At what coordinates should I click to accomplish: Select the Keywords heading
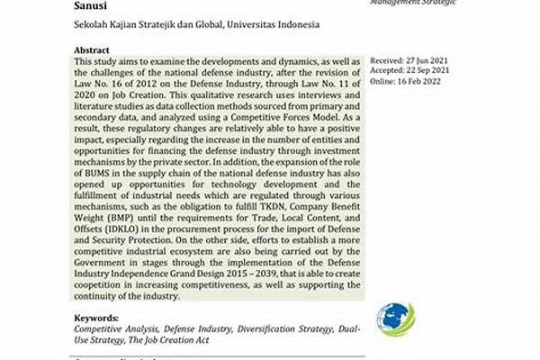[x=99, y=318]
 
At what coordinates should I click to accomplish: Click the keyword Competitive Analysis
[x=112, y=330]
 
